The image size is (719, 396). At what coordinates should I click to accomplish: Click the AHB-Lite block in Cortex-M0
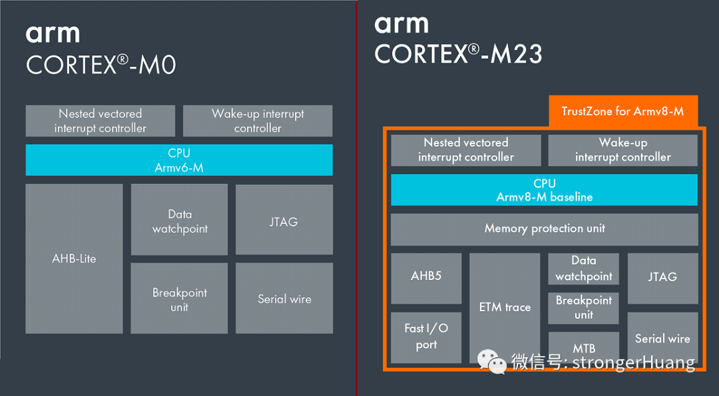pyautogui.click(x=74, y=259)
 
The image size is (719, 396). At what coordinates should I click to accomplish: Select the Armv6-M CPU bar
pyautogui.click(x=178, y=160)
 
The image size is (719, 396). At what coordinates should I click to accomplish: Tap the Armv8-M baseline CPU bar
pyautogui.click(x=544, y=190)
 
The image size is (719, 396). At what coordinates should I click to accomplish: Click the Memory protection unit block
pyautogui.click(x=544, y=229)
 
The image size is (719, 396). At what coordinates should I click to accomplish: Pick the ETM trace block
pyautogui.click(x=505, y=307)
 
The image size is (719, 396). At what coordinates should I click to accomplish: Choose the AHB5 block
pyautogui.click(x=426, y=275)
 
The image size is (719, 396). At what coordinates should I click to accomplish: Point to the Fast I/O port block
pyautogui.click(x=426, y=337)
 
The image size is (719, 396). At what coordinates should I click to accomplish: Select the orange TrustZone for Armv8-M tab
pyautogui.click(x=622, y=111)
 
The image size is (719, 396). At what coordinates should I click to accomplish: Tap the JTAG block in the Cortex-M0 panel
pyautogui.click(x=284, y=220)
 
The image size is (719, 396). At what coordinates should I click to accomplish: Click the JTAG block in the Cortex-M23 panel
pyautogui.click(x=662, y=276)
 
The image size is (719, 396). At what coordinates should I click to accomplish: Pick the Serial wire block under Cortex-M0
pyautogui.click(x=284, y=298)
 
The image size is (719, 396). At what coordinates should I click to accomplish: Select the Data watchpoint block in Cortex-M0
pyautogui.click(x=179, y=220)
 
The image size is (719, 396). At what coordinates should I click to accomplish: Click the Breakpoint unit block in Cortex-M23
pyautogui.click(x=584, y=307)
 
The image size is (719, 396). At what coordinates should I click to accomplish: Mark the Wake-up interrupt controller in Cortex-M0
pyautogui.click(x=257, y=121)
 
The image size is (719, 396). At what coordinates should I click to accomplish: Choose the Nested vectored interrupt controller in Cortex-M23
pyautogui.click(x=465, y=150)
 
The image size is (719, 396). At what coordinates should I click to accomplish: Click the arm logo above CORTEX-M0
pyautogui.click(x=53, y=33)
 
